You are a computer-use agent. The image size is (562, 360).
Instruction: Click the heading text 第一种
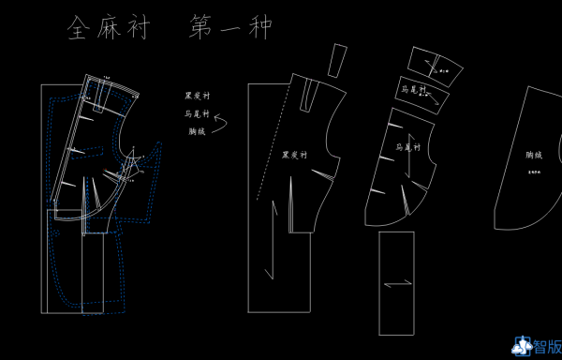coord(230,27)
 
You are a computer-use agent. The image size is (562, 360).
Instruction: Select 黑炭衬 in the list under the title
coord(197,95)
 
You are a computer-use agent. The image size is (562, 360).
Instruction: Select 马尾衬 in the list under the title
coord(197,112)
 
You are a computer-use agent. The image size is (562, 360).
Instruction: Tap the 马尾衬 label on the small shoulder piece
coord(413,89)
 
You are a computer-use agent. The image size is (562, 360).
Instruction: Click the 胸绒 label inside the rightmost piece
coord(534,155)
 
